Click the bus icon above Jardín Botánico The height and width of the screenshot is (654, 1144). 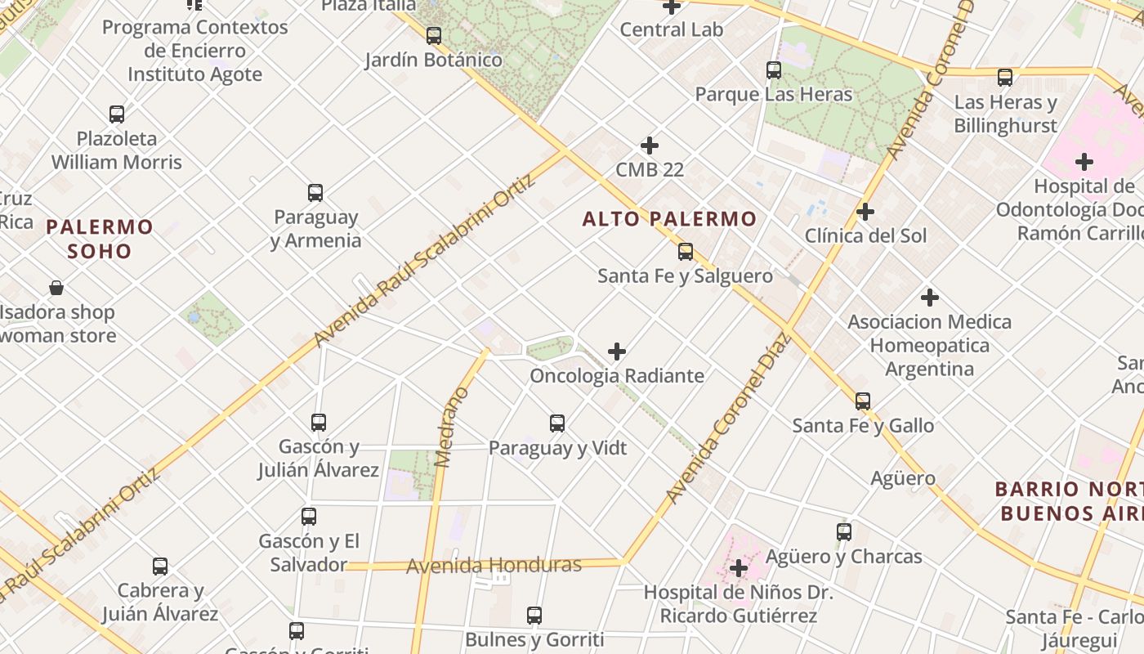(x=434, y=36)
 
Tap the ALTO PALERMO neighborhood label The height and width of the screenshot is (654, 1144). (x=669, y=219)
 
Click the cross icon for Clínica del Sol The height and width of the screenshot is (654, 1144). (x=865, y=213)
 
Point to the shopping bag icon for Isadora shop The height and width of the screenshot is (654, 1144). (x=56, y=288)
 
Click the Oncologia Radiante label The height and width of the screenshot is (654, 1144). (x=617, y=376)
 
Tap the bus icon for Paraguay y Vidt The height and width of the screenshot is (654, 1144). (x=557, y=423)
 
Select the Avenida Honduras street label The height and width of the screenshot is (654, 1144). (x=494, y=565)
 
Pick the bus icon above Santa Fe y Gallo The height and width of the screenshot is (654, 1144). (x=863, y=401)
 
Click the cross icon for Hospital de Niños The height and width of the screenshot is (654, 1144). (x=739, y=568)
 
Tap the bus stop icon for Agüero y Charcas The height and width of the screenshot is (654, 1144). (x=844, y=532)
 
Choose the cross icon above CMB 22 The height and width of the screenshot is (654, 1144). (x=650, y=146)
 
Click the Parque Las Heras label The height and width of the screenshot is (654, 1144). (x=773, y=95)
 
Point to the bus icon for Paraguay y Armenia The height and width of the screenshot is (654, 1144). (x=315, y=193)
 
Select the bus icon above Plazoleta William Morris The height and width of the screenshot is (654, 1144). (x=117, y=114)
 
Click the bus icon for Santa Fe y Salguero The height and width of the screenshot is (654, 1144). (x=686, y=252)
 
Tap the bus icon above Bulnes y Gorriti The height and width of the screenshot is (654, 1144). (x=534, y=616)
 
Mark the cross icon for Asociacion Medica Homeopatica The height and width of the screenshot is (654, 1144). (x=929, y=298)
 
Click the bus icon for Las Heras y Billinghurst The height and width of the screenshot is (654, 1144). (x=1005, y=78)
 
